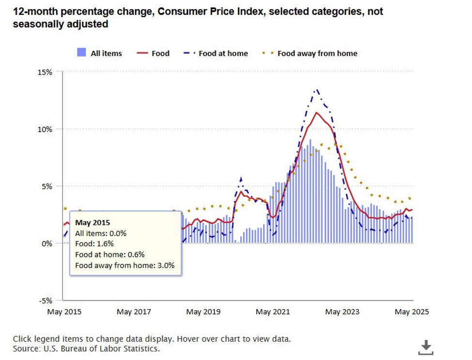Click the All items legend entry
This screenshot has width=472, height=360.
[x=100, y=53]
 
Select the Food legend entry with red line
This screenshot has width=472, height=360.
[x=153, y=53]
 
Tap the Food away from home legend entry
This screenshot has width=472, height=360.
[x=310, y=53]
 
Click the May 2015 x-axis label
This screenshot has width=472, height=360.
[x=64, y=312]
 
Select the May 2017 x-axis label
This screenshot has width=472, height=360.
[x=134, y=312]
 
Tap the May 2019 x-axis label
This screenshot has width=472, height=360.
[x=203, y=312]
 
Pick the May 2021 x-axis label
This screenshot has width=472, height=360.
[x=273, y=312]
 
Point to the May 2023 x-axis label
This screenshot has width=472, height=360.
[x=342, y=312]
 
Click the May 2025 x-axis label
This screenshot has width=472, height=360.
[x=411, y=312]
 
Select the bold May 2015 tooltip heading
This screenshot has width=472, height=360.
[x=92, y=223]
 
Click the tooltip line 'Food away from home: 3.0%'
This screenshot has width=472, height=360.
[x=125, y=265]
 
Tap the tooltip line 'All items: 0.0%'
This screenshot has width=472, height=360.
[x=101, y=233]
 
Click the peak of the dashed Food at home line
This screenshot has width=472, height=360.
[x=317, y=90]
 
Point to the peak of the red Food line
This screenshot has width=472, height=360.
[x=317, y=113]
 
